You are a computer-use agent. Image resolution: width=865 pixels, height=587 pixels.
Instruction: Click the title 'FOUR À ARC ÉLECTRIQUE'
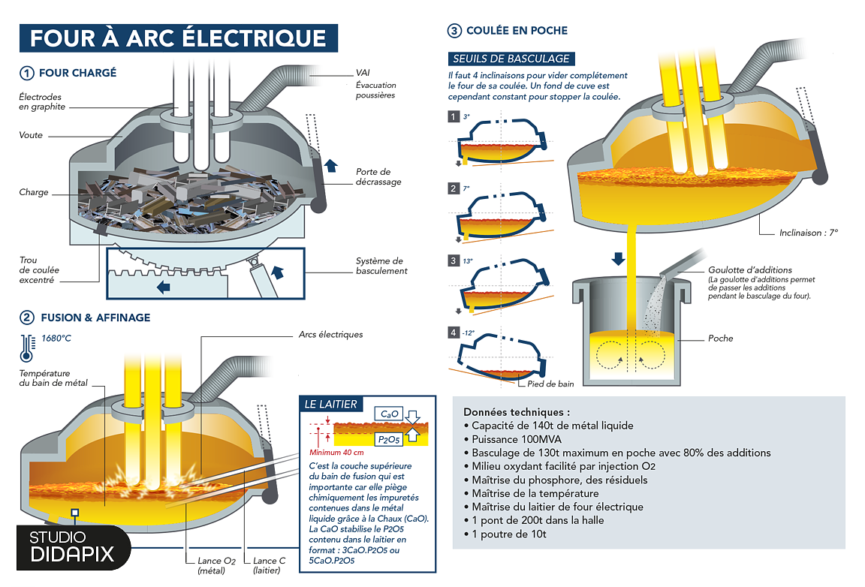click(179, 38)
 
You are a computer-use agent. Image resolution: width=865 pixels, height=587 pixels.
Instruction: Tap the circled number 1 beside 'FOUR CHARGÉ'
click(27, 74)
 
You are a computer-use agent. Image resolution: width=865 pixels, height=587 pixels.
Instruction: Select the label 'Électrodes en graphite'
click(42, 102)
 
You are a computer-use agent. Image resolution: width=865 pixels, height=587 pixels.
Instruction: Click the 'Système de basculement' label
click(381, 266)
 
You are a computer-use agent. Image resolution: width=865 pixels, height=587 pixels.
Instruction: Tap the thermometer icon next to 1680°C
click(28, 343)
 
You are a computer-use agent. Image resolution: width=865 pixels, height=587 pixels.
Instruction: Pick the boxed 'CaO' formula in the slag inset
click(390, 414)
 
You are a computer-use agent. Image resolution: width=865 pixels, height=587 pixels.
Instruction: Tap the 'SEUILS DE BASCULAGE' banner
click(511, 59)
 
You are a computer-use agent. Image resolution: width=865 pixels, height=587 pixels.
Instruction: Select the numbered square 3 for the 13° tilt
click(453, 260)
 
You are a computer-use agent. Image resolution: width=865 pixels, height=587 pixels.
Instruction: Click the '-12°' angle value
click(470, 333)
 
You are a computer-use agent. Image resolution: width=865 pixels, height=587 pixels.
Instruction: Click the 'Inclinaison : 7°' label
click(808, 233)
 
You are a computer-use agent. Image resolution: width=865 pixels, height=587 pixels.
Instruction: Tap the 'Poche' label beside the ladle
click(720, 339)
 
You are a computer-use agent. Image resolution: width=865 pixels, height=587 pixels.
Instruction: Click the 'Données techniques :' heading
click(517, 412)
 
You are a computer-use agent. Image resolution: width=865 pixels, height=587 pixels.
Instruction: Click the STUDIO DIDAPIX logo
click(72, 547)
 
